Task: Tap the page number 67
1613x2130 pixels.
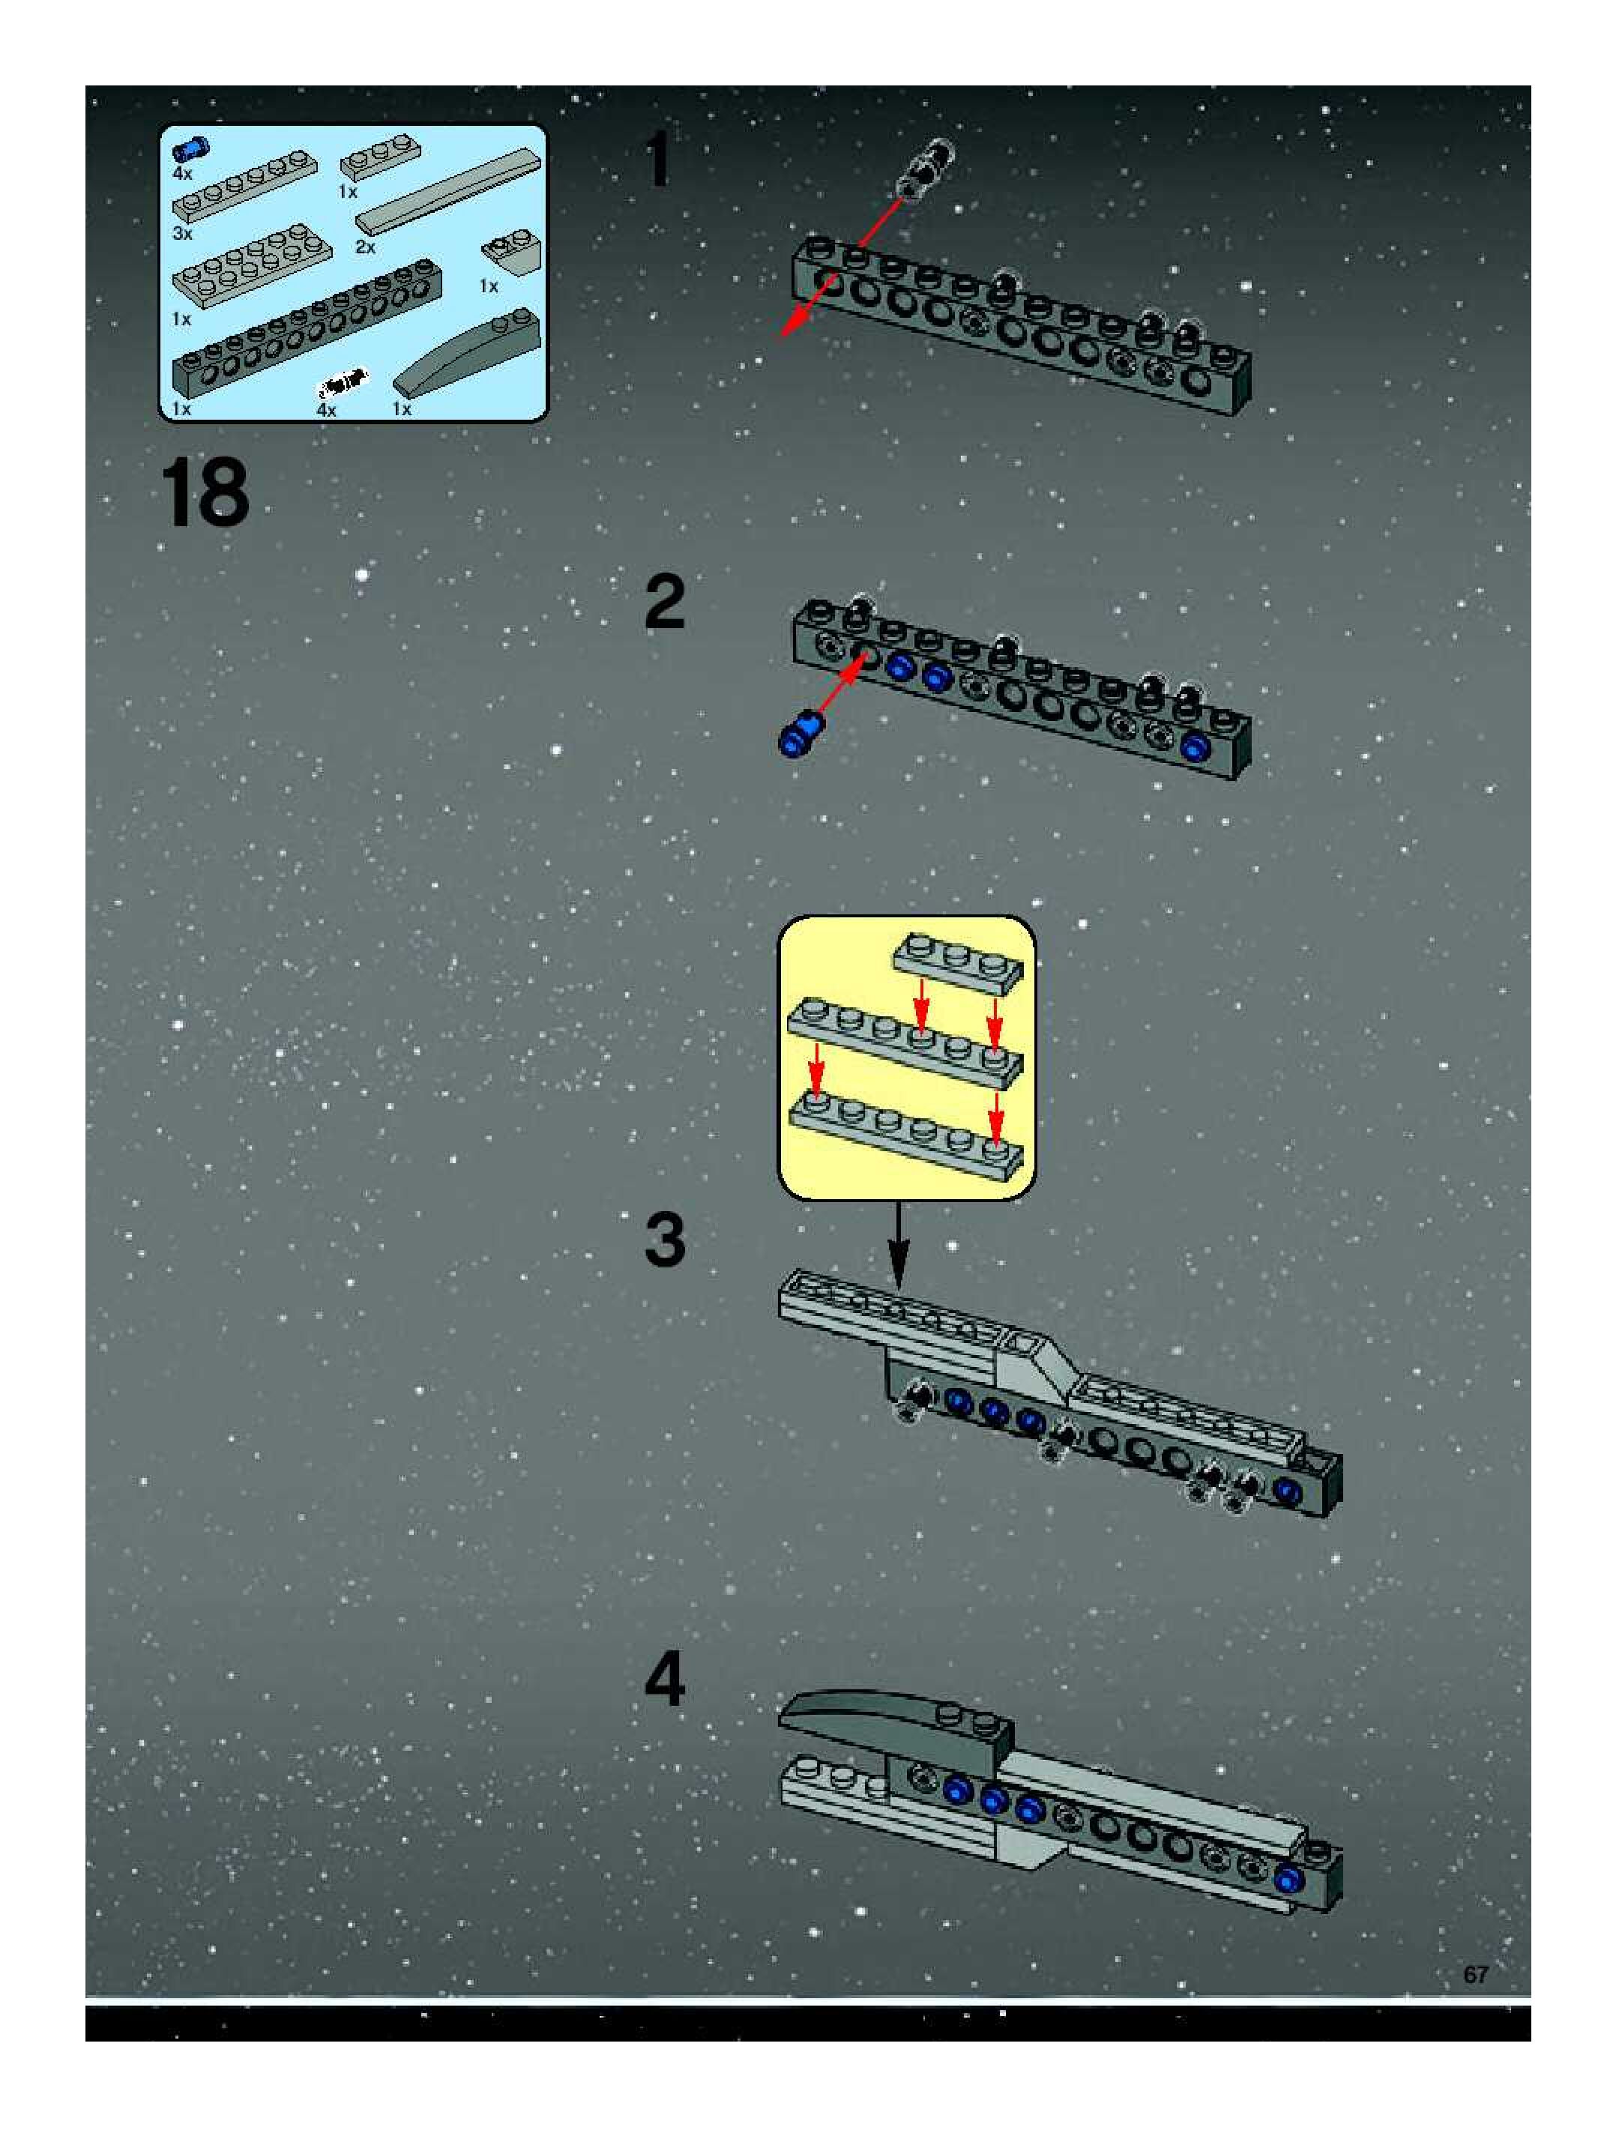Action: [1475, 1974]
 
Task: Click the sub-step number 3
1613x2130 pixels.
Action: [664, 1240]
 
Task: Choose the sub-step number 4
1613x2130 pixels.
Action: [664, 1680]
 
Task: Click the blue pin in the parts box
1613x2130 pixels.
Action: [190, 149]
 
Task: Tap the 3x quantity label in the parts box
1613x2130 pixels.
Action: [183, 233]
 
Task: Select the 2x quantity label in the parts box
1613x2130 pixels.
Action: [365, 247]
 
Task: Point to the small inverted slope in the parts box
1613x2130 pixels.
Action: [511, 253]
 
